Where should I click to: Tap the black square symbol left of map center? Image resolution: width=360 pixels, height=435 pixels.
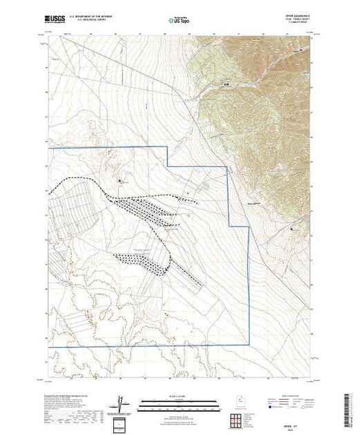(x=120, y=181)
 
